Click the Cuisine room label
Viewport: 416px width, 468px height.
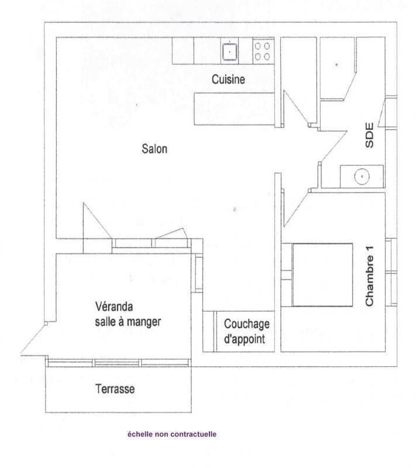point(228,80)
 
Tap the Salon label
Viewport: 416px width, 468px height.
point(154,149)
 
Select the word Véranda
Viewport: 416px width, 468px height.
point(114,307)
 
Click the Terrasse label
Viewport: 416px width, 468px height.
point(115,389)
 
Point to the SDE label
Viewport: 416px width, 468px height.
point(369,135)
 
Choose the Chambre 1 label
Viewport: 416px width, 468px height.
point(369,276)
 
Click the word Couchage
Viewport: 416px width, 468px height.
point(247,325)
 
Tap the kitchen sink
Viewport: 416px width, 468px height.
point(229,52)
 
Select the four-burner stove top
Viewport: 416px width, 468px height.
point(263,51)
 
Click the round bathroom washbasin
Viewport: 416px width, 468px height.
point(362,177)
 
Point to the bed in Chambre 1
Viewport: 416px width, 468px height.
point(322,275)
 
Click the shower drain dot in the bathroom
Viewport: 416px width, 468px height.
point(337,64)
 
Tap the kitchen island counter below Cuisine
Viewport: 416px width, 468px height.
point(234,109)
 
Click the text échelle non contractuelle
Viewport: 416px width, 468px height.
point(172,434)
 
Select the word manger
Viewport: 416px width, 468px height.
point(145,322)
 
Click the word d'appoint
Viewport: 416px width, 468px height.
point(245,339)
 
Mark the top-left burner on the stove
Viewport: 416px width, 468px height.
point(258,46)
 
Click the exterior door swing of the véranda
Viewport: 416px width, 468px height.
point(34,340)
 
